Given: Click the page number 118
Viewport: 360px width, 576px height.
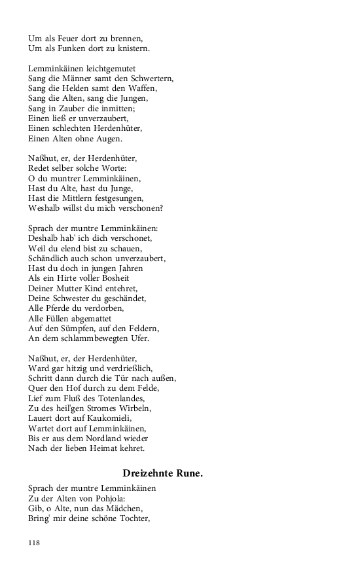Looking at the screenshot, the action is coord(35,543).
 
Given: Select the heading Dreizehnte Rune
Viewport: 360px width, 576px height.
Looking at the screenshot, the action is coord(162,473).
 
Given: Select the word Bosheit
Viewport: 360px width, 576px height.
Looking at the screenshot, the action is coord(120,278).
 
